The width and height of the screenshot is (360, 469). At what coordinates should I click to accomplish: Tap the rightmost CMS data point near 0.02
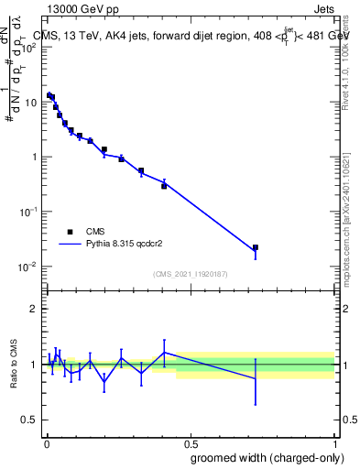[256, 247]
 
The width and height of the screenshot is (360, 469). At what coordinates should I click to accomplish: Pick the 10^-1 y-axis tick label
[29, 212]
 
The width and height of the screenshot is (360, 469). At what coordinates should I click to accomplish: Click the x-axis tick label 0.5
[190, 442]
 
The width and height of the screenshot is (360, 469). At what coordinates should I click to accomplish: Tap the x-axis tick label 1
[333, 442]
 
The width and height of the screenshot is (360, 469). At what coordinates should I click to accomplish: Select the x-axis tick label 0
[46, 442]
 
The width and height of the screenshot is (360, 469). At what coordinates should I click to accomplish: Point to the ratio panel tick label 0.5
[29, 420]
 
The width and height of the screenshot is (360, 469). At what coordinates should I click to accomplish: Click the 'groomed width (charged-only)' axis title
[261, 456]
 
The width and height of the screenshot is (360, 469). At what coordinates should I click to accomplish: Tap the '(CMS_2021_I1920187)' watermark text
[190, 274]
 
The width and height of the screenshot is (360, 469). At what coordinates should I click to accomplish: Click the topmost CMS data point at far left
[49, 94]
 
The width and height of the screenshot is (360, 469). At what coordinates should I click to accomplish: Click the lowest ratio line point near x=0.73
[256, 378]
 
